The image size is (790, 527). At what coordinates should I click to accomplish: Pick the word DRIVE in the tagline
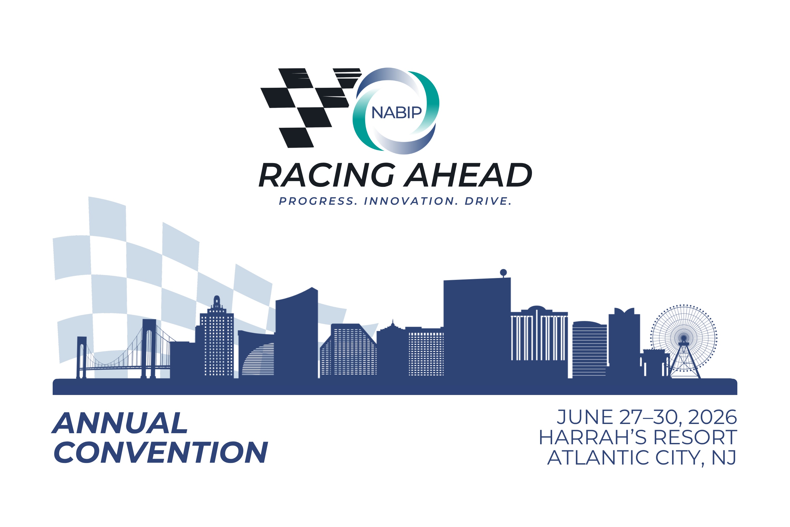click(x=488, y=201)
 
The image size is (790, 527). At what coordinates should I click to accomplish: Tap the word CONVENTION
click(x=161, y=452)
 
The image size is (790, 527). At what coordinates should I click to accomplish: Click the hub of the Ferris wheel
click(x=684, y=338)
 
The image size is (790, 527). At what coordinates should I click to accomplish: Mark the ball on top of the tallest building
click(x=503, y=272)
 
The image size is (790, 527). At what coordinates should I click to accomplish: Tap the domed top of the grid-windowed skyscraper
click(x=217, y=300)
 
